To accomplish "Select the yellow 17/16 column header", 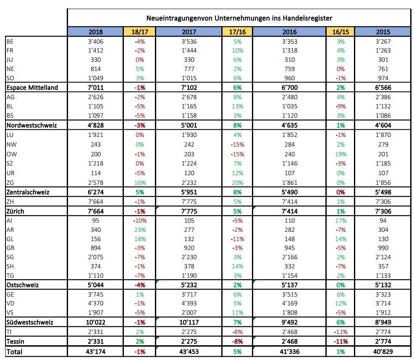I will [x=237, y=32].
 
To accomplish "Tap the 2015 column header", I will [x=383, y=32].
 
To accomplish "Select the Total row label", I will [x=14, y=351].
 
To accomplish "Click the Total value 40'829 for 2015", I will [x=383, y=351].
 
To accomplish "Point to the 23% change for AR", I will [x=139, y=229].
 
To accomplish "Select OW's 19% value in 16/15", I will [x=340, y=154].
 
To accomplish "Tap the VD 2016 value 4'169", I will [x=290, y=303].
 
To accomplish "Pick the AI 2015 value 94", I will [x=383, y=220].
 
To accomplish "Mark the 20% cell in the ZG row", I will [x=237, y=182].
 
